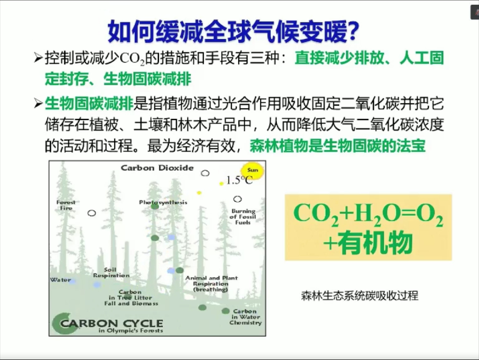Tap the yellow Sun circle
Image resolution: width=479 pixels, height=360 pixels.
[253, 171]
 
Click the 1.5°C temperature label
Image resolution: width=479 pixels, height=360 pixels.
[239, 181]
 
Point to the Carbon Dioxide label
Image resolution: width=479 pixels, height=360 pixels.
[157, 168]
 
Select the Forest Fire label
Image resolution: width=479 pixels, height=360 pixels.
[66, 205]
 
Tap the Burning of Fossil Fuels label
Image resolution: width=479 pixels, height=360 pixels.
[243, 217]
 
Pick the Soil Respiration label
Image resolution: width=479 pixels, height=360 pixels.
[111, 272]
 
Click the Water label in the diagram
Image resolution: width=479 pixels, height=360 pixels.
[60, 280]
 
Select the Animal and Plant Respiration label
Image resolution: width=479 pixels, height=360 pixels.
[211, 284]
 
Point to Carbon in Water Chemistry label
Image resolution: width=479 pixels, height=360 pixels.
[245, 317]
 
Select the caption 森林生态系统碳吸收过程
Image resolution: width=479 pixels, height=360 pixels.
[359, 296]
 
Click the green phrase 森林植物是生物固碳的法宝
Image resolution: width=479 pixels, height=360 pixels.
[338, 146]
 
